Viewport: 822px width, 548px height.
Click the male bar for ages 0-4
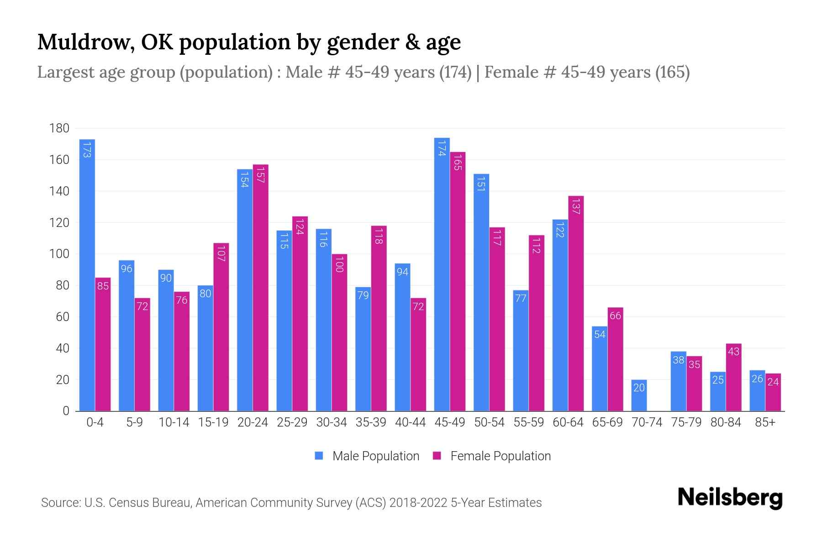[87, 274]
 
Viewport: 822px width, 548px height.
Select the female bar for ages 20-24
[260, 288]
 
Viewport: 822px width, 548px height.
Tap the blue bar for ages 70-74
[639, 395]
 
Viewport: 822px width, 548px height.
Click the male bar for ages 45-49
[442, 274]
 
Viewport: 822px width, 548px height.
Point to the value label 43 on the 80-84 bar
[733, 352]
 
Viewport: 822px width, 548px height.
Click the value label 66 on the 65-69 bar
[615, 316]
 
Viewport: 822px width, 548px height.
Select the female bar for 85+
[773, 393]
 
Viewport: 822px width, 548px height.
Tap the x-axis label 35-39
[371, 422]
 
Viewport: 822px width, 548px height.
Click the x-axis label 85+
[765, 422]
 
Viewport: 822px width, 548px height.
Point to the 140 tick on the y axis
[59, 191]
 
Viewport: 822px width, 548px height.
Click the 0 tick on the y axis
[66, 411]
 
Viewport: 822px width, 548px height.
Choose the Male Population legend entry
[375, 456]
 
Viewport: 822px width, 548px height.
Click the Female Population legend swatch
[437, 456]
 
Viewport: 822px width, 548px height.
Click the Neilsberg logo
[730, 498]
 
